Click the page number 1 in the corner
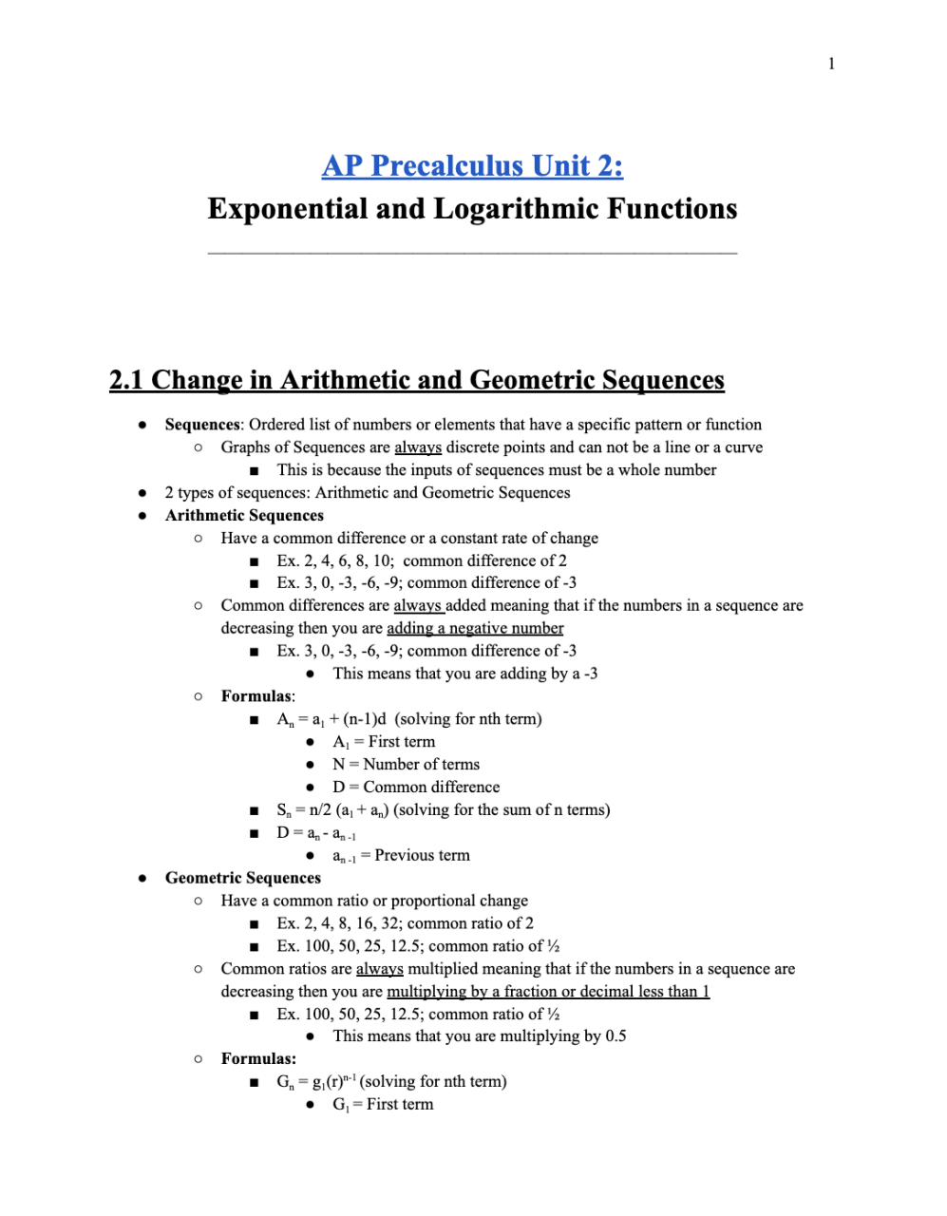(x=831, y=64)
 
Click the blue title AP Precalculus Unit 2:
(x=472, y=166)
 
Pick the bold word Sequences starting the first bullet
(x=202, y=425)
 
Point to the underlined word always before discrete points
(x=418, y=447)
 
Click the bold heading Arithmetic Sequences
(x=244, y=516)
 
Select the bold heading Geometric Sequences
(x=243, y=878)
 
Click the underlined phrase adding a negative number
(x=475, y=628)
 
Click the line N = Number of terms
(x=406, y=765)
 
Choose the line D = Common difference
(x=416, y=788)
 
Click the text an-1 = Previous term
(x=401, y=856)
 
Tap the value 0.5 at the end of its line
(x=616, y=1036)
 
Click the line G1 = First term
(x=383, y=1105)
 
